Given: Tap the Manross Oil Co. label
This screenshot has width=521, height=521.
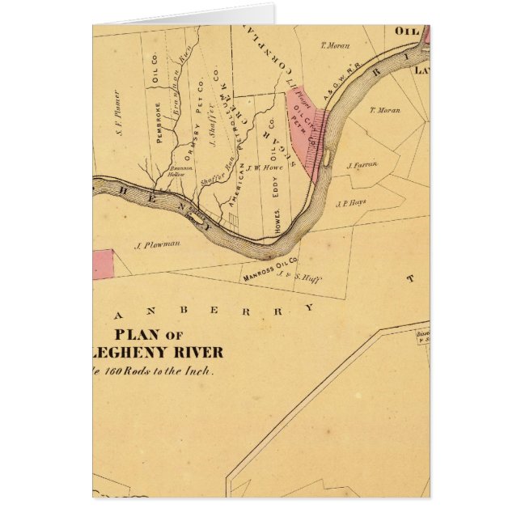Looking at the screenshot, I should click(x=272, y=270).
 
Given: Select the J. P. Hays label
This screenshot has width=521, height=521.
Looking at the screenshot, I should click(x=351, y=203).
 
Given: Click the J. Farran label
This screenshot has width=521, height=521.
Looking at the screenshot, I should click(x=362, y=165).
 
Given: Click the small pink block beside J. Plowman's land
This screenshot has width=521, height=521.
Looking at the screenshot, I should click(x=102, y=264).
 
